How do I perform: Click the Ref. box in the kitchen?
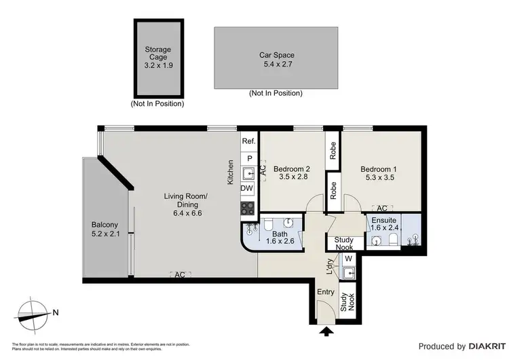248,141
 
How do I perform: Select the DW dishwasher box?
248,188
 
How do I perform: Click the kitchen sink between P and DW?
248,171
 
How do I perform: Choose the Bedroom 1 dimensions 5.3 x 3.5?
377,178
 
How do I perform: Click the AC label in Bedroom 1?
382,209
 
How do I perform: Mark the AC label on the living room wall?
180,274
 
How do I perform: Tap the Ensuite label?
383,220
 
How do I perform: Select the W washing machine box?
349,258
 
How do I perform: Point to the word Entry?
327,291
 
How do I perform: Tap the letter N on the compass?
56,313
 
